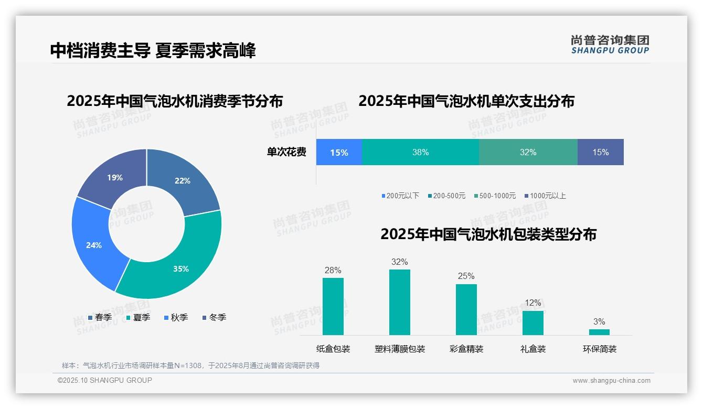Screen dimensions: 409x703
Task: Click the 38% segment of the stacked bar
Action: coord(420,152)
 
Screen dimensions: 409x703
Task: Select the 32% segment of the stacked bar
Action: coord(528,152)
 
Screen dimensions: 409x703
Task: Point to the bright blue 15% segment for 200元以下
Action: coord(339,152)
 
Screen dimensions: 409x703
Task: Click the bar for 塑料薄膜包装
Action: coord(399,302)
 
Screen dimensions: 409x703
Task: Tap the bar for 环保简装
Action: coord(599,332)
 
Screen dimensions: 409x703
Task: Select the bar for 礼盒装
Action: coord(532,322)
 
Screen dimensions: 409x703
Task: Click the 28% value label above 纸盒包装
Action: coord(333,271)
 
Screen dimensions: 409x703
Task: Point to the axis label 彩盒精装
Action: coord(466,349)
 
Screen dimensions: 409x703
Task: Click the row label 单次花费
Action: coord(286,152)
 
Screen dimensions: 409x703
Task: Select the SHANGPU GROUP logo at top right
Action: coord(610,45)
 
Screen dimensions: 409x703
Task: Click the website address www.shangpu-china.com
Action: coord(611,381)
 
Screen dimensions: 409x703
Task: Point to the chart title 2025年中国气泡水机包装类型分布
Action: coord(488,234)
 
